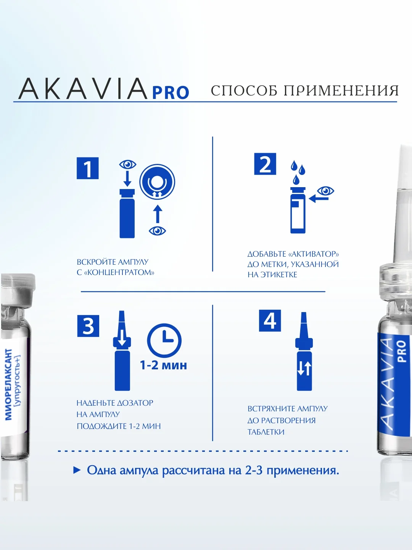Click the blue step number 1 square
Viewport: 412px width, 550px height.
pyautogui.click(x=88, y=168)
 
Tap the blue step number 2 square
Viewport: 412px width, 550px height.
pyautogui.click(x=265, y=163)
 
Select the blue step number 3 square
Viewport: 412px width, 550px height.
pyautogui.click(x=88, y=326)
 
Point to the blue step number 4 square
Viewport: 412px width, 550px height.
pyautogui.click(x=270, y=321)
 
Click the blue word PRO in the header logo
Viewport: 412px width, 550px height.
pyautogui.click(x=171, y=93)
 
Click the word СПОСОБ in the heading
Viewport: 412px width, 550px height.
pyautogui.click(x=244, y=91)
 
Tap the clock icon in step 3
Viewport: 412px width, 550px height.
pyautogui.click(x=164, y=341)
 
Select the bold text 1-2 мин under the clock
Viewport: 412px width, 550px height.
pyautogui.click(x=163, y=366)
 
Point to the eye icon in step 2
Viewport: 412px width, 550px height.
pyautogui.click(x=325, y=191)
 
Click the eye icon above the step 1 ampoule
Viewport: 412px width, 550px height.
pyautogui.click(x=128, y=165)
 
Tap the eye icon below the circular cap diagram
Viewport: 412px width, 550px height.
pyautogui.click(x=157, y=231)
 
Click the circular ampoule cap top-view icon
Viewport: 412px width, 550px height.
pyautogui.click(x=157, y=182)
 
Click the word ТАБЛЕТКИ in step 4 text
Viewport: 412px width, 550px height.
pyautogui.click(x=266, y=432)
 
